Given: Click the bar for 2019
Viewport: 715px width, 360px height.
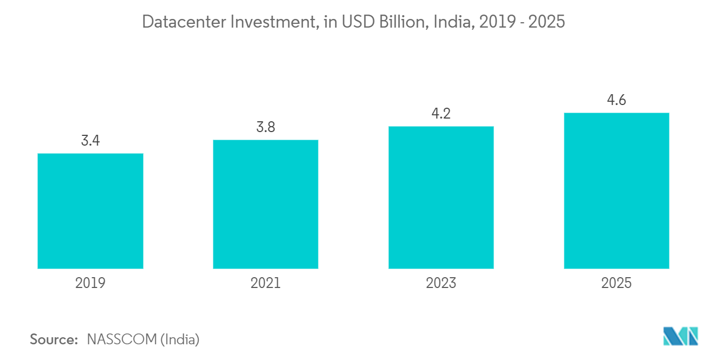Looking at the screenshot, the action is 90,211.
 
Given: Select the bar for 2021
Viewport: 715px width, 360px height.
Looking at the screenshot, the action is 265,204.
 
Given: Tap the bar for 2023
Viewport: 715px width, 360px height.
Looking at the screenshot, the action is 441,198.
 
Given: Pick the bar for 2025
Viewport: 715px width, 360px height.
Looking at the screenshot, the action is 616,191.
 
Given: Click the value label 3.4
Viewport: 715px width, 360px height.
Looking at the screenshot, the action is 90,140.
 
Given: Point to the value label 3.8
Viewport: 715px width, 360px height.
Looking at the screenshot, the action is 265,127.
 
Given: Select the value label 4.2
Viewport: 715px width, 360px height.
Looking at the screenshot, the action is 441,114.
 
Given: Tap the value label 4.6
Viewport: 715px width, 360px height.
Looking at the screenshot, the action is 616,100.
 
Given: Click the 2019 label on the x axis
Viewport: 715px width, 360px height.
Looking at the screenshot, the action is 90,283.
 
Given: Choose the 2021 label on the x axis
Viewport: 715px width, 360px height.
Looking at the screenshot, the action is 265,283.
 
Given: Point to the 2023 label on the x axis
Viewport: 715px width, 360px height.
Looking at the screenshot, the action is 441,283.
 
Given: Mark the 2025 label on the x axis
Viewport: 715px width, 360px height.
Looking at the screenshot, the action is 616,283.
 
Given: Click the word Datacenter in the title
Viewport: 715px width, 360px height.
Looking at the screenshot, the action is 184,22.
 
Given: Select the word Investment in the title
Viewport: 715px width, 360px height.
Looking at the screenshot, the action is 275,22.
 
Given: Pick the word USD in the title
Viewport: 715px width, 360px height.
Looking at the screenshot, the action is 358,22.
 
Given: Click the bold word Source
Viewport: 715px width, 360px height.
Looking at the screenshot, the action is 54,339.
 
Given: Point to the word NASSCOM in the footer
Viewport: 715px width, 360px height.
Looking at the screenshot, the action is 122,339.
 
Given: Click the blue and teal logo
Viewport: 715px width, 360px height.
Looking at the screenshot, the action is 681,336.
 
